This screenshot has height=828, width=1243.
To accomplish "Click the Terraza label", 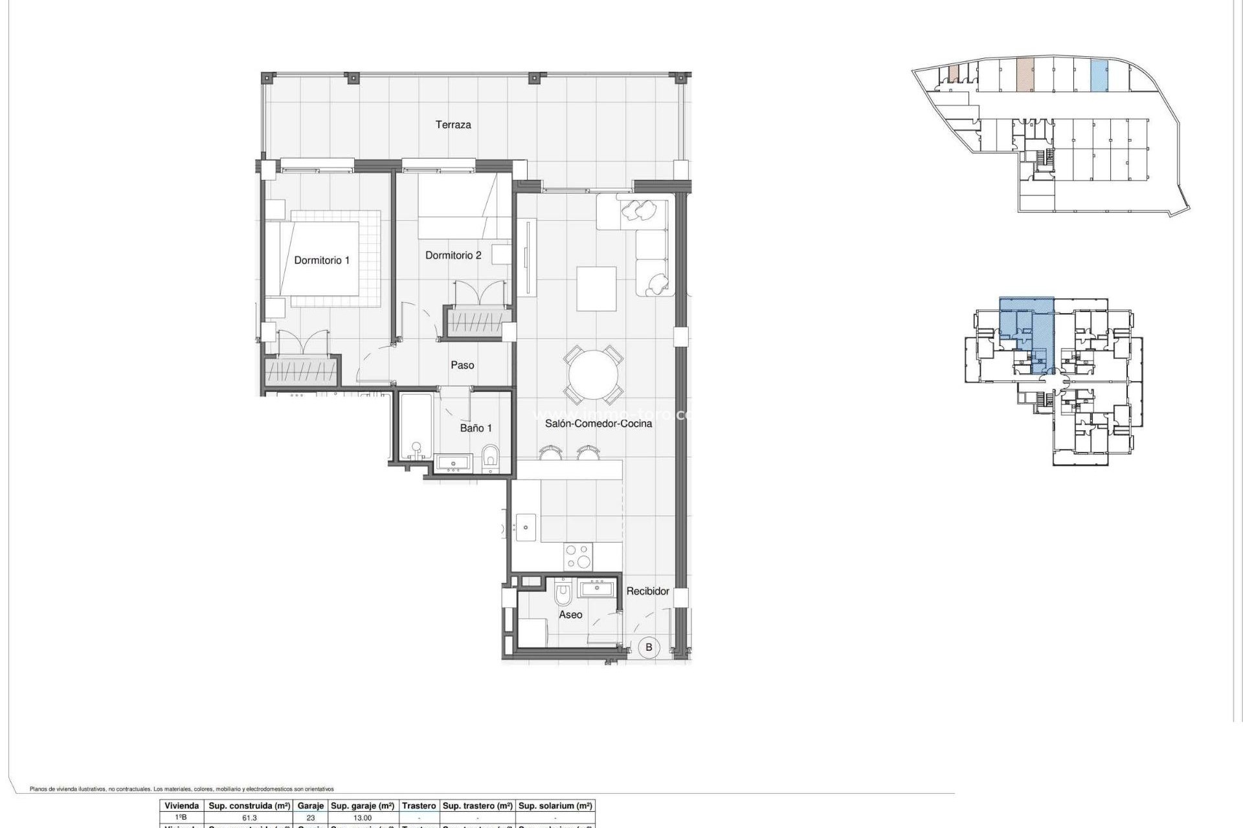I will coord(453,125).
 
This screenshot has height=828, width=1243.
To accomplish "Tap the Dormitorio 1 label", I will coord(321,260).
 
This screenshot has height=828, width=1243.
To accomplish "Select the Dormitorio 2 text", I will coord(453,256).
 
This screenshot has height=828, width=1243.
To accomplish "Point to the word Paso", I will coord(462,365).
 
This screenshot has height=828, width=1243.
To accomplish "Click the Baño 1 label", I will coord(476,428).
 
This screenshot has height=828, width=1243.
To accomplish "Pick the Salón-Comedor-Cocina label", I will coord(598,424).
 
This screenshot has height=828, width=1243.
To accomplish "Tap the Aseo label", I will coord(570,615).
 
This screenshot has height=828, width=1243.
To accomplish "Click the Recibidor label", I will coord(647,591).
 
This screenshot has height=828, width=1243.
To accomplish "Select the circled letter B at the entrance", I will coord(648,647).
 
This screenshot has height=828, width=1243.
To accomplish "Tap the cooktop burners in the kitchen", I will coord(578,556).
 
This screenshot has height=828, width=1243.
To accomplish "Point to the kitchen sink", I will coord(525,527).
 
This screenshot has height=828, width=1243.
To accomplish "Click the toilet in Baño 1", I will coord(491,458).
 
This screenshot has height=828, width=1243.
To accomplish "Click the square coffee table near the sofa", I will coord(596,289).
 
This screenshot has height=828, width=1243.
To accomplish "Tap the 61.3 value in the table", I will coord(249,818).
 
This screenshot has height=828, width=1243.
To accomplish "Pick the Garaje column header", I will coord(310,806).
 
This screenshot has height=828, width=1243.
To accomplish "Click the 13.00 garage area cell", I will coord(363,818).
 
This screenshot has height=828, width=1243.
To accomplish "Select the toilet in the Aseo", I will coord(563,594).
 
